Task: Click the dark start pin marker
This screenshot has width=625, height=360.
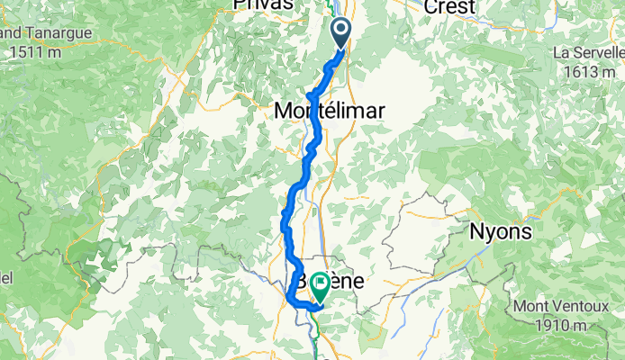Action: pyautogui.click(x=342, y=32)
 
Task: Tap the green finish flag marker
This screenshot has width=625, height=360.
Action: pyautogui.click(x=321, y=286)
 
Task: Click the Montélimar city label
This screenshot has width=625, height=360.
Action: pyautogui.click(x=329, y=111)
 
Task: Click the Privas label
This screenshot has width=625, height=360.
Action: pyautogui.click(x=263, y=5)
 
